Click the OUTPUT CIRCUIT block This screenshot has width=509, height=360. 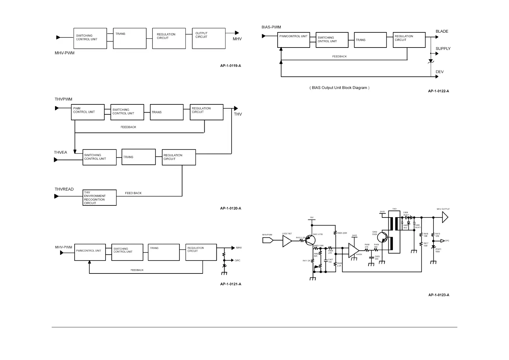(x=209, y=38)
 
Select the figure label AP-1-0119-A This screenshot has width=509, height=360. (x=230, y=66)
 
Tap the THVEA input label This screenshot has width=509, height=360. (x=60, y=152)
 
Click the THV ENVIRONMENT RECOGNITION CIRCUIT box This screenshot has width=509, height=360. (x=99, y=198)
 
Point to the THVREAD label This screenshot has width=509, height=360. (x=64, y=189)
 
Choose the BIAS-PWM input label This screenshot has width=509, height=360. (x=271, y=27)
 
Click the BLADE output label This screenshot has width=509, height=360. (x=442, y=31)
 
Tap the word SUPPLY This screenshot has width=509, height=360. (x=443, y=49)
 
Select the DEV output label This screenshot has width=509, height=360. (x=439, y=72)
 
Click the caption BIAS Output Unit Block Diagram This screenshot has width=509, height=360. (x=339, y=88)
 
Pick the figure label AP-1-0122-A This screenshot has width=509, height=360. (x=438, y=91)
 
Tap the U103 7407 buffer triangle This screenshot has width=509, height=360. (x=287, y=241)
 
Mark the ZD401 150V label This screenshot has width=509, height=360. (x=438, y=250)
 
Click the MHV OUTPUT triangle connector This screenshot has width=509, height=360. (x=445, y=217)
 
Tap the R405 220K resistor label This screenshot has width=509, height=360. (x=342, y=233)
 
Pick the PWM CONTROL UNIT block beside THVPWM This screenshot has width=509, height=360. (x=88, y=112)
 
